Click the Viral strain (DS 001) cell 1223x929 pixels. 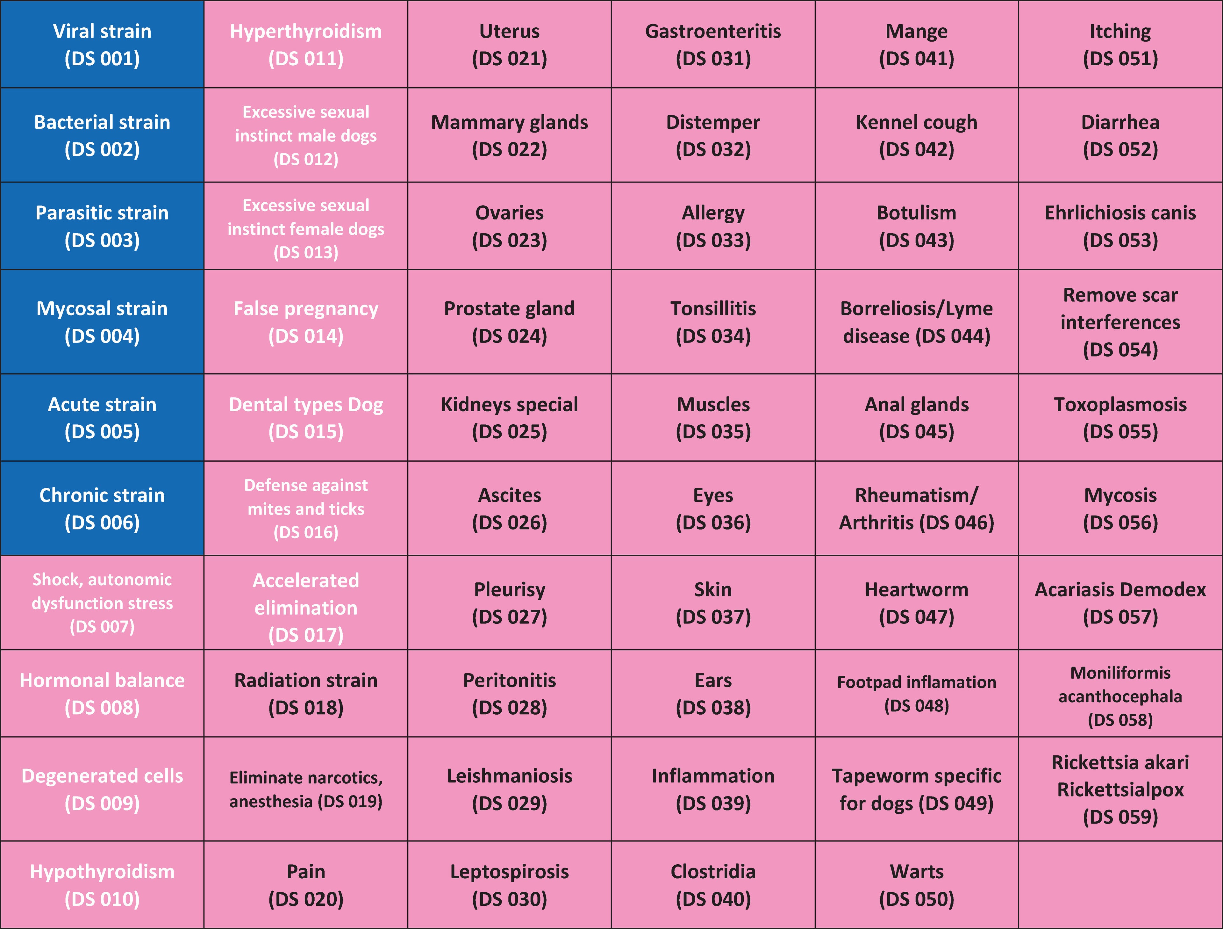pyautogui.click(x=102, y=44)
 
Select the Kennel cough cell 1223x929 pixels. pyautogui.click(x=917, y=135)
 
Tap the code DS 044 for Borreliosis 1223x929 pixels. pyautogui.click(x=953, y=336)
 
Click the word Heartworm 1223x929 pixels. pyautogui.click(x=917, y=589)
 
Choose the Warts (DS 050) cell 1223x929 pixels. pyautogui.click(x=917, y=885)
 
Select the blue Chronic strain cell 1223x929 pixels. pyautogui.click(x=102, y=508)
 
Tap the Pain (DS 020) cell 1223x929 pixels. pyautogui.click(x=306, y=885)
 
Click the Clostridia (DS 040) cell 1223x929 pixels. pyautogui.click(x=713, y=885)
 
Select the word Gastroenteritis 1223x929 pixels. pyautogui.click(x=713, y=32)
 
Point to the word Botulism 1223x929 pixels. pyautogui.click(x=917, y=213)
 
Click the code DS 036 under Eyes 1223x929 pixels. pyautogui.click(x=713, y=522)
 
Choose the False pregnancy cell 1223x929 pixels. pyautogui.click(x=306, y=322)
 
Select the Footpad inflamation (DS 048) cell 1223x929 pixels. pyautogui.click(x=917, y=694)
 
